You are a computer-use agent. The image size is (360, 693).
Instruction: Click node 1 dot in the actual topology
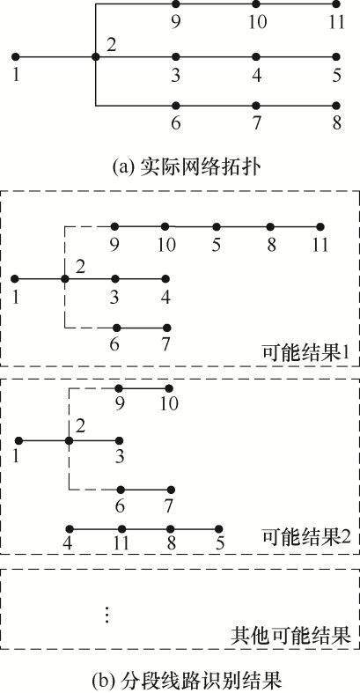16,56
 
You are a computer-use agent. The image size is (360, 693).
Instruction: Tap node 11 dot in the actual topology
336,4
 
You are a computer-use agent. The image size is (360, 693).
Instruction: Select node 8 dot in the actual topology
336,106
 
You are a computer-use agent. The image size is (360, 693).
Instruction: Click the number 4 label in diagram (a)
256,76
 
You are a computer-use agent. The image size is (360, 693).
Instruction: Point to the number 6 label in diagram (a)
176,123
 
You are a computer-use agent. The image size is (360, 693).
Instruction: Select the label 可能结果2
306,537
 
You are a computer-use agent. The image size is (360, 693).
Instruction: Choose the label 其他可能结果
290,636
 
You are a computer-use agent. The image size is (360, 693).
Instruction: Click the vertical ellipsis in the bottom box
106,615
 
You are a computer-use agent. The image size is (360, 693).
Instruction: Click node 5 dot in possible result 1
217,226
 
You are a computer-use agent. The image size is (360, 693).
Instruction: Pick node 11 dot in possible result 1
320,226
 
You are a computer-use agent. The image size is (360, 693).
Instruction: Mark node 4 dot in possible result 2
69,528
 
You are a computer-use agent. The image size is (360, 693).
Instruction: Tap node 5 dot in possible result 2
218,528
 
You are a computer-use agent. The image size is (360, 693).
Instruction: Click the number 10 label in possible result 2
169,404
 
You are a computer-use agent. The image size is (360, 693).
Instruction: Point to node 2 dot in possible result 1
65,279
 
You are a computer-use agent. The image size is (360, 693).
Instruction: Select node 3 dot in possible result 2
119,440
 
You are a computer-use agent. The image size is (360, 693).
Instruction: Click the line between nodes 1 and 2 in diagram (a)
55,56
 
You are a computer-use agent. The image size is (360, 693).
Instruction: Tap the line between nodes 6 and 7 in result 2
145,490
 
